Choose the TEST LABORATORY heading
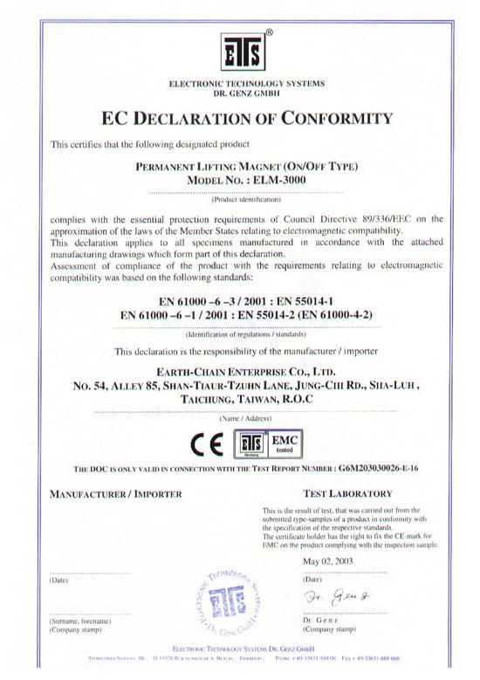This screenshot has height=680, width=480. [343, 494]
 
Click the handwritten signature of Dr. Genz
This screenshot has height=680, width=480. [332, 598]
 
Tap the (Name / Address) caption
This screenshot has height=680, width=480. [239, 418]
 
